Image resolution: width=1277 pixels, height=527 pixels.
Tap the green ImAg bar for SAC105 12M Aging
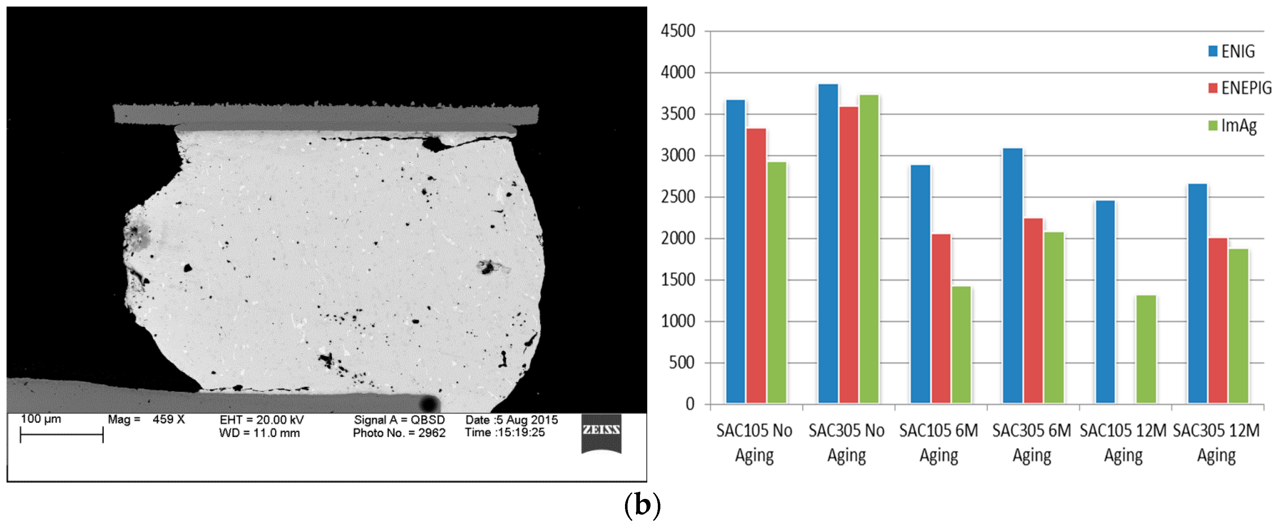click(x=1146, y=349)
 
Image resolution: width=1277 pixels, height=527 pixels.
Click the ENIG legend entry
click(x=1232, y=51)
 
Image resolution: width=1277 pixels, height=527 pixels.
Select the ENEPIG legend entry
click(x=1239, y=88)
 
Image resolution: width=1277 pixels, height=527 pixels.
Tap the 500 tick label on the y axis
click(x=682, y=363)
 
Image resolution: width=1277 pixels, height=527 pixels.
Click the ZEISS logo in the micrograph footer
click(x=601, y=432)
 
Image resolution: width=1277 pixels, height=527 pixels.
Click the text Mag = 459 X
click(x=146, y=419)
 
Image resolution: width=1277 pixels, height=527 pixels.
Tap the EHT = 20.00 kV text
click(x=261, y=420)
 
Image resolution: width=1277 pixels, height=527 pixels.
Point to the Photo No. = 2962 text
click(x=399, y=433)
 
